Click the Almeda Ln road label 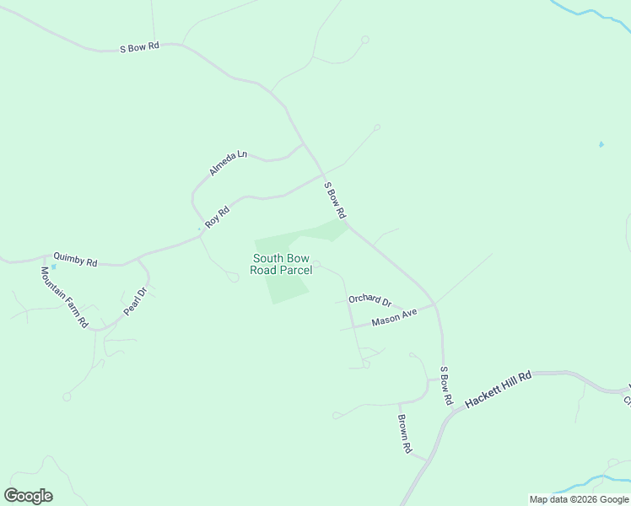click(229, 163)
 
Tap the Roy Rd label click(217, 216)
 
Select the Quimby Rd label click(75, 259)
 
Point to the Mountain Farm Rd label click(64, 297)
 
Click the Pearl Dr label click(135, 301)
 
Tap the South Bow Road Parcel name click(281, 264)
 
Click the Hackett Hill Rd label click(499, 389)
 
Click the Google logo click(28, 496)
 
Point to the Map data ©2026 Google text click(579, 499)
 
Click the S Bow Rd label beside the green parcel click(335, 201)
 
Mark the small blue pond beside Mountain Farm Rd click(53, 267)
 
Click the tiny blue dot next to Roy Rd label click(199, 229)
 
